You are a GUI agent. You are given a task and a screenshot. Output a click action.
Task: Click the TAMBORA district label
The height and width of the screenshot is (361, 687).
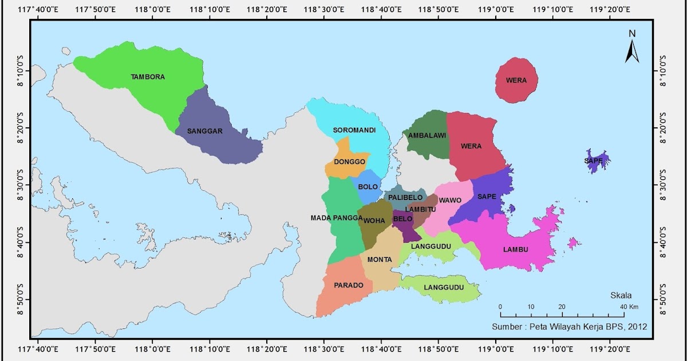(x=148, y=77)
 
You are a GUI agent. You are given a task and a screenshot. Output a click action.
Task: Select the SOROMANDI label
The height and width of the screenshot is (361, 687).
(x=354, y=130)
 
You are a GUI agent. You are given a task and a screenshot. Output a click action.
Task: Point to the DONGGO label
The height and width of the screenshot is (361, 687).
(x=349, y=162)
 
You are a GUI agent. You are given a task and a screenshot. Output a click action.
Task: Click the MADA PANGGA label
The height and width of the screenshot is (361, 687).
(x=337, y=218)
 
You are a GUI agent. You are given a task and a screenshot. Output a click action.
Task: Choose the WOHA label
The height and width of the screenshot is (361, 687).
(x=374, y=220)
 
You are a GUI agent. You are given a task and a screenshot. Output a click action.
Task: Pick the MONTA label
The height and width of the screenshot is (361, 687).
(x=379, y=260)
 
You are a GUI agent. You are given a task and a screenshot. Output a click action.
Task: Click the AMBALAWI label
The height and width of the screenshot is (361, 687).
(x=427, y=136)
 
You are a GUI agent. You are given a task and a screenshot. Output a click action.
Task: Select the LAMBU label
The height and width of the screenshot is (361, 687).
(x=515, y=249)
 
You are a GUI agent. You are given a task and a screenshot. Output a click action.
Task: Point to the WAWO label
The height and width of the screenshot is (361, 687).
(x=450, y=200)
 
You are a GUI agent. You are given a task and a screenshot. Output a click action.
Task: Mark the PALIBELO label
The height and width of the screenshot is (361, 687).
(x=405, y=198)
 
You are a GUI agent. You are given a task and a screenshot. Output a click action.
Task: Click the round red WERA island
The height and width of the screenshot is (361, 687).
(x=516, y=81)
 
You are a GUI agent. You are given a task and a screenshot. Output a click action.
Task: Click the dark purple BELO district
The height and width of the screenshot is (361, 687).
(x=405, y=225)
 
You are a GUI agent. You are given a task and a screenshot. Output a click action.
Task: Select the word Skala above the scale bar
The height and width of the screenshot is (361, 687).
(x=621, y=296)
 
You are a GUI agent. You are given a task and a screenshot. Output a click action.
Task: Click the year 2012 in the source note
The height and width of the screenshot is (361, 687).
(x=637, y=327)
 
